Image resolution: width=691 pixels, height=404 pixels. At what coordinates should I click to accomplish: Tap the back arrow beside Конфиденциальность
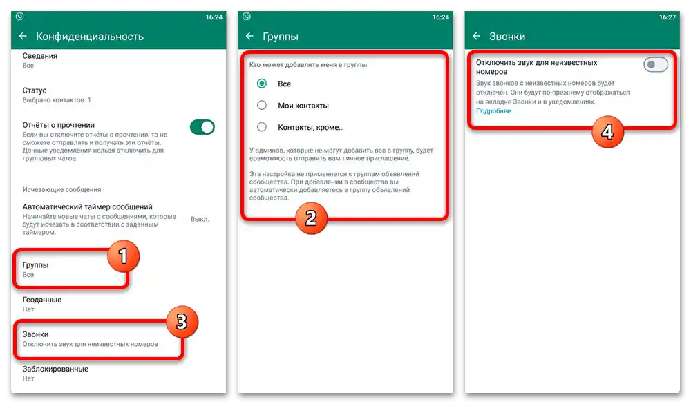click(x=23, y=36)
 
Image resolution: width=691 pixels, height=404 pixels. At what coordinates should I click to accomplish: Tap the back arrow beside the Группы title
click(x=250, y=36)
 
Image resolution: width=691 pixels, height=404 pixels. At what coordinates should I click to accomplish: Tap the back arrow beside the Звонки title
click(x=476, y=36)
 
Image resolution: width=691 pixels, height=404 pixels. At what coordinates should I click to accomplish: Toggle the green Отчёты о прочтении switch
click(x=202, y=127)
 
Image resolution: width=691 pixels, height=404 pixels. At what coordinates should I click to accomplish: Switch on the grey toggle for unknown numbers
click(x=655, y=65)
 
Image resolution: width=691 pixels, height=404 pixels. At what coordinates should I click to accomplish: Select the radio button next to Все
click(x=262, y=84)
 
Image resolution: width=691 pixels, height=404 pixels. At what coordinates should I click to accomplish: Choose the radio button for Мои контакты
click(x=262, y=105)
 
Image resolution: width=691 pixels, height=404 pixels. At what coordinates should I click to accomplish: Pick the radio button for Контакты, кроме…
click(x=262, y=127)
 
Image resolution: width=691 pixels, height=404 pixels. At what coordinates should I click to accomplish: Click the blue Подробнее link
click(x=493, y=111)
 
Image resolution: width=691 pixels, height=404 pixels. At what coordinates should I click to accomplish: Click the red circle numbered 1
click(x=124, y=256)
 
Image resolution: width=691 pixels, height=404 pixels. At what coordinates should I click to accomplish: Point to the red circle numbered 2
click(x=311, y=218)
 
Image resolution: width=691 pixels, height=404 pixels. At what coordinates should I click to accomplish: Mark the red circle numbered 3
click(x=182, y=322)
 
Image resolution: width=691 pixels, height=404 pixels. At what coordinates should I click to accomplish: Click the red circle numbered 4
click(x=607, y=132)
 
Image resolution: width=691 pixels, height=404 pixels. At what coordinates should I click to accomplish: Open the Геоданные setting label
click(x=42, y=300)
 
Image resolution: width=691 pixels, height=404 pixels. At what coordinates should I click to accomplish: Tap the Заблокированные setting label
click(x=55, y=369)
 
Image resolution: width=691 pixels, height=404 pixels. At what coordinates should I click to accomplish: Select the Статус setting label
click(x=35, y=90)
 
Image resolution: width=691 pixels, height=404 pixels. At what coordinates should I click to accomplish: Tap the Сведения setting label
click(x=39, y=56)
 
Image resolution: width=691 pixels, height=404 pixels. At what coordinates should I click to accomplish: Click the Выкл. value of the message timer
click(x=200, y=219)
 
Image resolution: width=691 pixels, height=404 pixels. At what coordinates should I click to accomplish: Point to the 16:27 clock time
click(x=668, y=17)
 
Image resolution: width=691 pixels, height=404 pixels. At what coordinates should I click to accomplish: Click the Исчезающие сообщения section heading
click(x=61, y=189)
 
